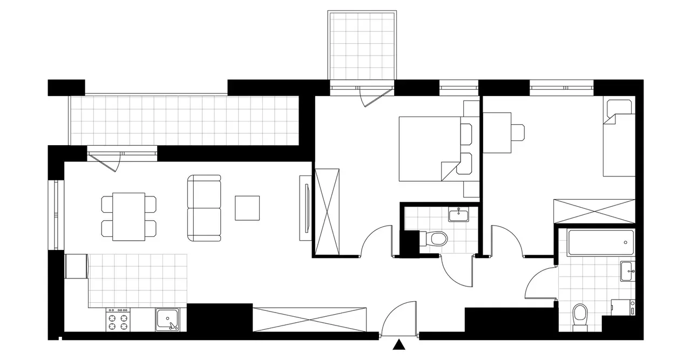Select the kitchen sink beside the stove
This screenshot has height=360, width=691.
point(170,320)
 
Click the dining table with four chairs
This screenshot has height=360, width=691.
point(128,216)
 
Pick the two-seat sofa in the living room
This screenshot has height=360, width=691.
point(204,208)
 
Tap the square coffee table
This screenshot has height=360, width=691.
point(247,208)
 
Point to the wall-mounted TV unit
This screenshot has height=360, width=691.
point(306,208)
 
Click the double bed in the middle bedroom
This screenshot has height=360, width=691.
point(429,148)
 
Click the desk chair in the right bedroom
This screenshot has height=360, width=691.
point(518,132)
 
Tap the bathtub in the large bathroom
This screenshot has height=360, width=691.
point(601,243)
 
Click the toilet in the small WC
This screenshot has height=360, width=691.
point(435,239)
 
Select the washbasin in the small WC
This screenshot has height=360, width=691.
point(459,215)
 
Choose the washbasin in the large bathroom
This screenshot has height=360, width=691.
point(627,270)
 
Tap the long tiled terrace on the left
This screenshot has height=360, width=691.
point(184,120)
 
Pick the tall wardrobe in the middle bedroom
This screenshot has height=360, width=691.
point(328,211)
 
